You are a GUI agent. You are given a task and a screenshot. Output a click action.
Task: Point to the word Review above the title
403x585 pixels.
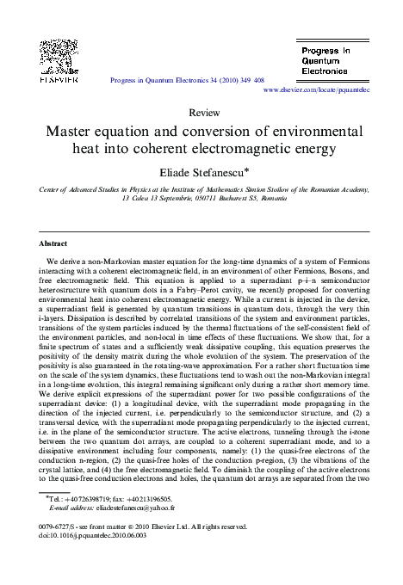click(202, 113)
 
